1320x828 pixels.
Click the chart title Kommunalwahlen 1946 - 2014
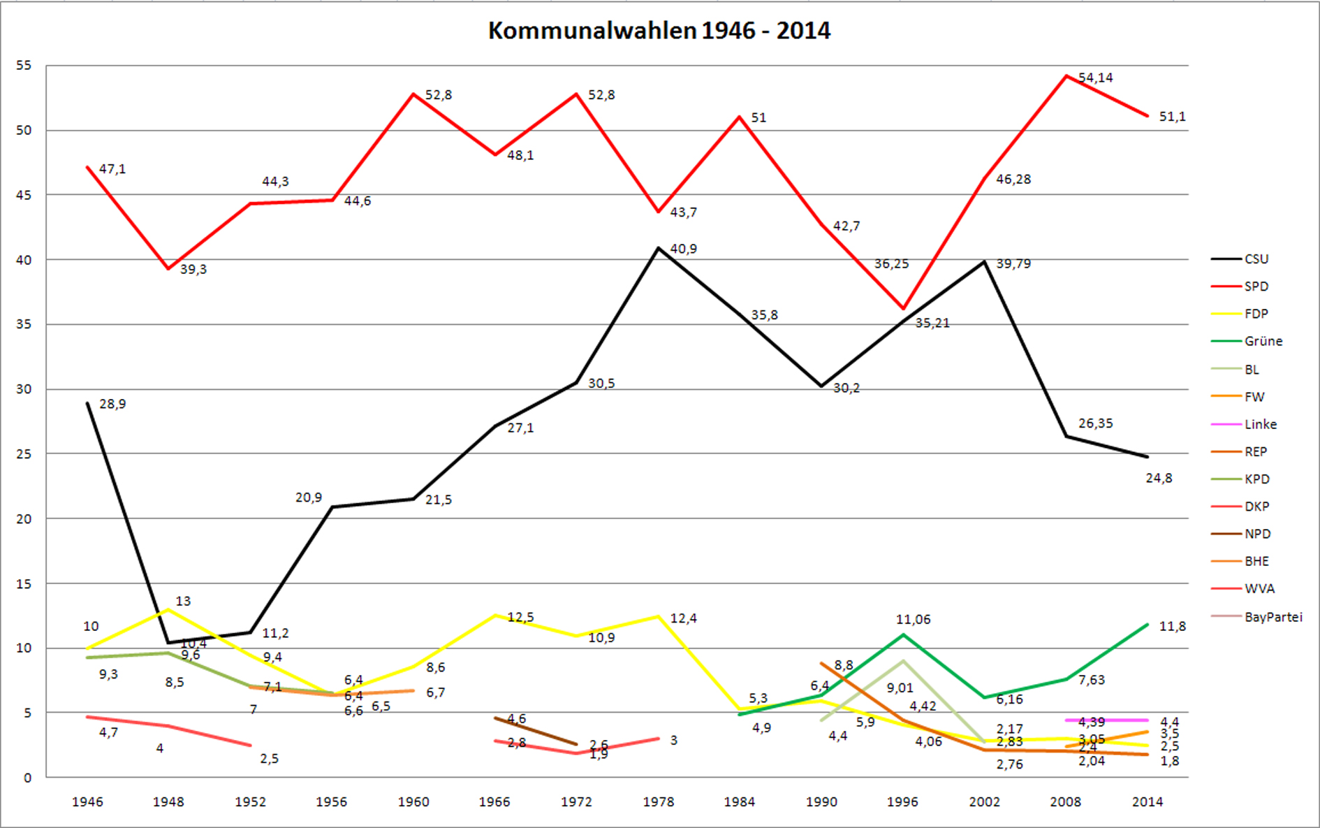[x=659, y=31]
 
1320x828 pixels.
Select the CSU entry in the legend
[x=1256, y=259]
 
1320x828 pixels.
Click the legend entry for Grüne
[x=1263, y=341]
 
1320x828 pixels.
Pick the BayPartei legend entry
[x=1273, y=617]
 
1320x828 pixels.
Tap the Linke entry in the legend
[x=1260, y=424]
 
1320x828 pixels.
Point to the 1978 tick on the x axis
[x=658, y=801]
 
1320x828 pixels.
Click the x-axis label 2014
[x=1147, y=801]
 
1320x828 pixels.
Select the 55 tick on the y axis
[x=24, y=66]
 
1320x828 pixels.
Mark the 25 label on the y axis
[x=24, y=454]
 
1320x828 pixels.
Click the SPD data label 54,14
[x=1095, y=78]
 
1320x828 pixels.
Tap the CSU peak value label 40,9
[x=683, y=249]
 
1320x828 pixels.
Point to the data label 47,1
[x=112, y=169]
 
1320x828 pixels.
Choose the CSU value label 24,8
[x=1159, y=478]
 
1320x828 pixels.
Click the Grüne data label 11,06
[x=913, y=619]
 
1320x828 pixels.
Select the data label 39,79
[x=1013, y=263]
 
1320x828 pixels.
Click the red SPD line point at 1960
[x=413, y=94]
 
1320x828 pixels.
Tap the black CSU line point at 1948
[x=168, y=642]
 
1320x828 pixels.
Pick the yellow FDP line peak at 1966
[x=495, y=615]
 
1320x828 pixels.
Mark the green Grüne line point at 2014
[x=1147, y=624]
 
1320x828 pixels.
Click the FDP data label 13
[x=183, y=601]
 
